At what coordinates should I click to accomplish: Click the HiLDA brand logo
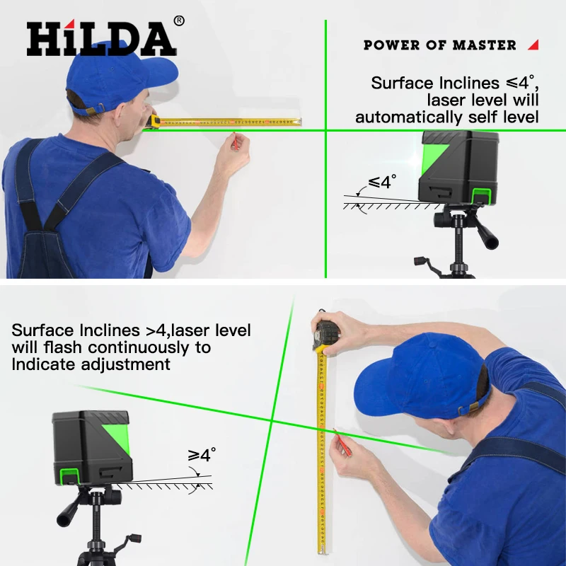(x=100, y=39)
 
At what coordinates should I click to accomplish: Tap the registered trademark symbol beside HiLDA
(x=179, y=21)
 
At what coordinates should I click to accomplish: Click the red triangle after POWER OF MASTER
(x=533, y=45)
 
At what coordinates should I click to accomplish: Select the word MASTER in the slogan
(x=484, y=45)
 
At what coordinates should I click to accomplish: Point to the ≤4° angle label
(x=379, y=182)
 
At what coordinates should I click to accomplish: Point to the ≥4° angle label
(x=202, y=455)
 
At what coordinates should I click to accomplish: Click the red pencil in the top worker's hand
(x=234, y=141)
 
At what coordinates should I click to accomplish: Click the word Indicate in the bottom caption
(x=43, y=364)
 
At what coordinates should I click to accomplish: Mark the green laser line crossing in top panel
(x=325, y=130)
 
